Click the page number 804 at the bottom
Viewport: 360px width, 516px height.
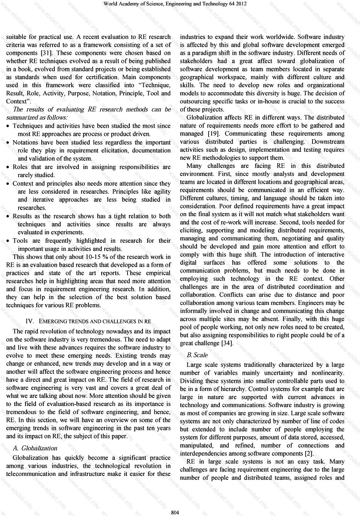pyautogui.click(x=175, y=512)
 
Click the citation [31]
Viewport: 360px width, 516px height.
pyautogui.click(x=46, y=53)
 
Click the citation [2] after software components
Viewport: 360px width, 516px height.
pyautogui.click(x=309, y=453)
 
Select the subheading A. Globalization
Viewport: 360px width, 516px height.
pyautogui.click(x=35, y=448)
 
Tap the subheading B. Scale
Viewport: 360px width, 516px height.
pyautogui.click(x=197, y=355)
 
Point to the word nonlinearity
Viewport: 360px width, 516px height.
pyautogui.click(x=327, y=373)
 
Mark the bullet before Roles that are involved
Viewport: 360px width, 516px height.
pyautogui.click(x=8, y=167)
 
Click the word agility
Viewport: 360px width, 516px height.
pyautogui.click(x=162, y=192)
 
